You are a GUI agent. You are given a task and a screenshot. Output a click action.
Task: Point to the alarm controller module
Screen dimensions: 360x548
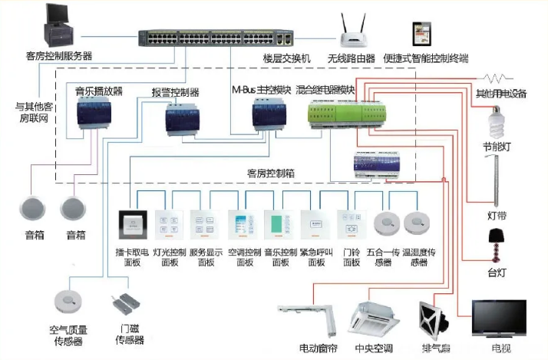(182, 118)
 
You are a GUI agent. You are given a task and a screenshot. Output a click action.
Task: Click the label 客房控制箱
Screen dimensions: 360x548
(269, 173)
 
